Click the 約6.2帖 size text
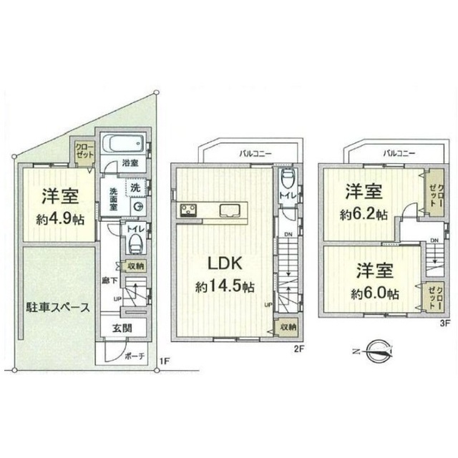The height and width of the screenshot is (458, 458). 364,214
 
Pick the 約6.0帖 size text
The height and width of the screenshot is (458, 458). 373,293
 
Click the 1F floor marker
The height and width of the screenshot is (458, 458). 165,363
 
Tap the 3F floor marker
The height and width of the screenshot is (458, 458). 444,323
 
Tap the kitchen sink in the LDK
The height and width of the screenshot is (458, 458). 230,210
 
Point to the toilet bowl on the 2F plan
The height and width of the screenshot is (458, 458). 287,177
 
